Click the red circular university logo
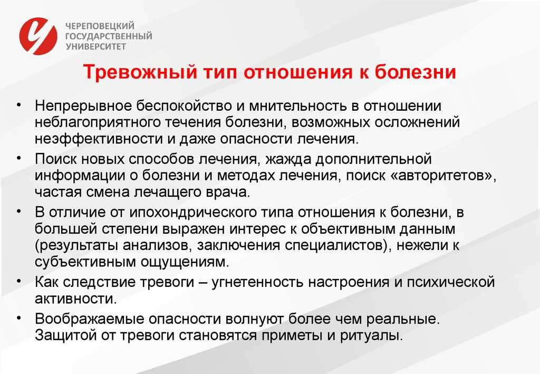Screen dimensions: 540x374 [38, 36]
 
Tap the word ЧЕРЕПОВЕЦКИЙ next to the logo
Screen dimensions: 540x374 [100, 26]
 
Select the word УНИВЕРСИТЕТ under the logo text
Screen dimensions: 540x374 [96, 46]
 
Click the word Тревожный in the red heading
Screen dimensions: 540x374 [140, 72]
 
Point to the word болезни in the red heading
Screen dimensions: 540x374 [415, 72]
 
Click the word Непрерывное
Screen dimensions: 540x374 [83, 106]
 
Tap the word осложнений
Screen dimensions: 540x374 [417, 122]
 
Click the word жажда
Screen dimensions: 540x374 [288, 159]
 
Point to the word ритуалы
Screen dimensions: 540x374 [371, 335]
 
